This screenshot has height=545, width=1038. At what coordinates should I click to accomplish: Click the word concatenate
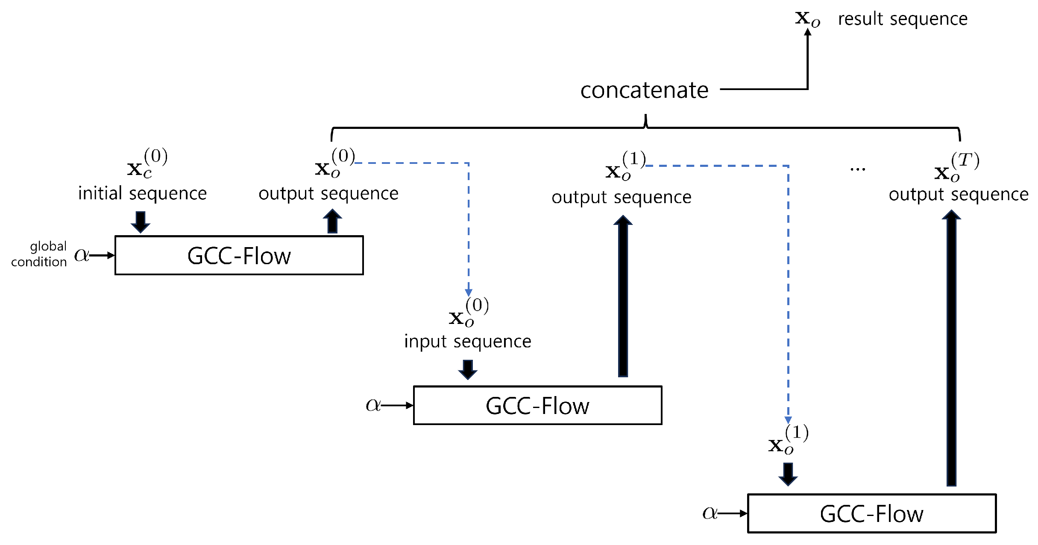point(644,90)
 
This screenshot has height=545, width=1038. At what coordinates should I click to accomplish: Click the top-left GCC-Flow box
point(239,255)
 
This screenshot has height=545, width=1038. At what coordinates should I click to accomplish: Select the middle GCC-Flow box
point(537,405)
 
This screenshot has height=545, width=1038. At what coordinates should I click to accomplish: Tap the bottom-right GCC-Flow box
point(871,513)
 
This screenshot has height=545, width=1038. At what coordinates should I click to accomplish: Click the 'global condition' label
point(39,254)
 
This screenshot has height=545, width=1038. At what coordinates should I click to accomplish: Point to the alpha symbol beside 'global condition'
point(81,255)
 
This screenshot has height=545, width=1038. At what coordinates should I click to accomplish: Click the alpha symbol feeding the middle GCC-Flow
point(372,405)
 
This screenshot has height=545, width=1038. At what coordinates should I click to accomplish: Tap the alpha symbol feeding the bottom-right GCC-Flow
point(710,513)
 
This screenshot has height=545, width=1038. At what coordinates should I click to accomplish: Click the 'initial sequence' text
point(142,194)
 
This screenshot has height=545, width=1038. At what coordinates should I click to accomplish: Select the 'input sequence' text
point(468,341)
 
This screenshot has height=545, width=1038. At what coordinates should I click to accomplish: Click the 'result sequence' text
point(902,19)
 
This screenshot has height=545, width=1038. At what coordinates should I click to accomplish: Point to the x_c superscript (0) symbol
point(147,163)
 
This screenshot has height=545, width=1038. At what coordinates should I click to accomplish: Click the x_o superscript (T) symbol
point(956,167)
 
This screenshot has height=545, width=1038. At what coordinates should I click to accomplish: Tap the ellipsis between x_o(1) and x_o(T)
point(857,169)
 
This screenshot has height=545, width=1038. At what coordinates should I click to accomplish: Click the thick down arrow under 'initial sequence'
point(140,221)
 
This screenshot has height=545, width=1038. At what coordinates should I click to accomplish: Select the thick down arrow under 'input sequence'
point(468,369)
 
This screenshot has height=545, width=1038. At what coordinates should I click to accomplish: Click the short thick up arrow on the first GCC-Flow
point(332,221)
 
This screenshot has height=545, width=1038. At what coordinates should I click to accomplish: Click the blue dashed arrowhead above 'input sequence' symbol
point(469,292)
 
